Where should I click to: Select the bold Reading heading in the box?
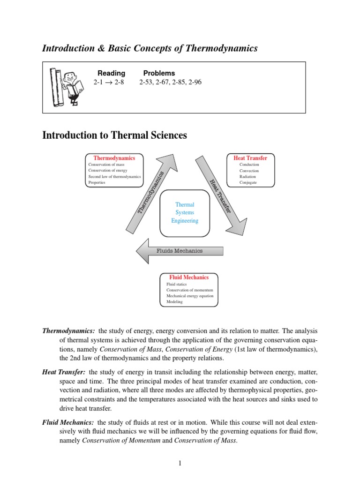click(x=111, y=73)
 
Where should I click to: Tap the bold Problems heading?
click(x=159, y=73)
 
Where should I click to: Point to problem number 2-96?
click(x=194, y=82)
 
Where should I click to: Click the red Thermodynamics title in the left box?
click(x=114, y=158)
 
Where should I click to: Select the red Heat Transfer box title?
click(x=250, y=158)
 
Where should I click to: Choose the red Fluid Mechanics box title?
click(x=189, y=277)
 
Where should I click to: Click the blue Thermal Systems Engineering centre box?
click(x=185, y=213)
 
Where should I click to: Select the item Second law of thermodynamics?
click(x=114, y=177)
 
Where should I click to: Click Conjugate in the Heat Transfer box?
click(x=248, y=183)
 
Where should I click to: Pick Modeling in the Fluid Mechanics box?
click(x=174, y=302)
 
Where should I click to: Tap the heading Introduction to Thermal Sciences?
click(x=114, y=135)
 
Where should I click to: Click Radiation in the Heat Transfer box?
click(x=247, y=177)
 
